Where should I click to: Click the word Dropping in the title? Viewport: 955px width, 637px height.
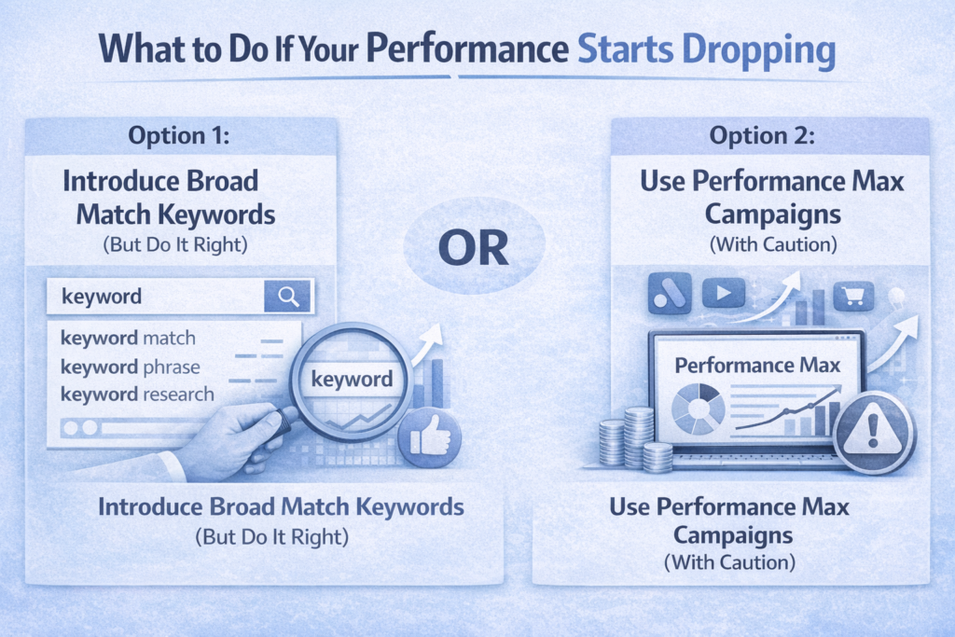pos(753,53)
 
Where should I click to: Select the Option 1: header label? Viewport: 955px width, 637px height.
pos(179,135)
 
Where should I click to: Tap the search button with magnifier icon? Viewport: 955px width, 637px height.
pos(289,297)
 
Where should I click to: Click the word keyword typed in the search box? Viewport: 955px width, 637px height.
pos(101,297)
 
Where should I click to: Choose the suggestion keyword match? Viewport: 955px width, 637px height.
pos(128,337)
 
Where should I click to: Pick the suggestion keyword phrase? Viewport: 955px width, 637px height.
pos(130,366)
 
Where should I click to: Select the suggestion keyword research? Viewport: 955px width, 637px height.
pos(137,395)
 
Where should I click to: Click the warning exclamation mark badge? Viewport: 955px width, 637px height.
pos(872,430)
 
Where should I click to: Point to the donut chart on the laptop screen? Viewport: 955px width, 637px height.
pos(699,408)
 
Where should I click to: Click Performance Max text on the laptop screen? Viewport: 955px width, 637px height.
pos(756,365)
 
